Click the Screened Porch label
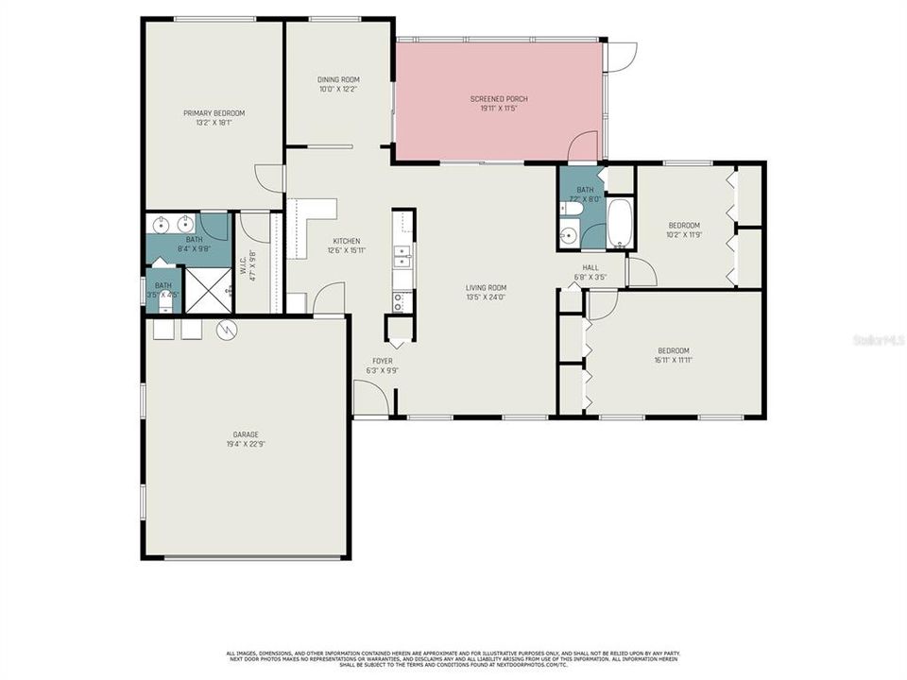point(498,98)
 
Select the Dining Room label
point(338,79)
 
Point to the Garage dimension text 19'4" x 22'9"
point(246,444)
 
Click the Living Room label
point(486,287)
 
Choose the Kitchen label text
point(346,241)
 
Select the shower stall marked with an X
point(208,290)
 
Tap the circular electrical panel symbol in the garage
point(227,330)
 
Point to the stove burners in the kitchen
point(399,301)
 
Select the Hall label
point(590,267)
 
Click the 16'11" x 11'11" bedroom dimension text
point(673,360)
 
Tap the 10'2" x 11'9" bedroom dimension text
point(684,235)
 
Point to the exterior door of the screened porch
point(622,57)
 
